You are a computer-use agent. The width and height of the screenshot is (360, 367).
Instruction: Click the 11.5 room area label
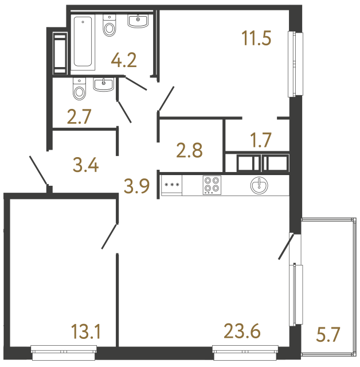click(256, 40)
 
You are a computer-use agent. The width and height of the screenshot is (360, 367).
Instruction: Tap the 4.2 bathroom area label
click(124, 60)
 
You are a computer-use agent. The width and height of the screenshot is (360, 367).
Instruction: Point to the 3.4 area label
click(87, 167)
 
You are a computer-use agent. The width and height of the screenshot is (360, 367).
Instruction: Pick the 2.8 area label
click(190, 152)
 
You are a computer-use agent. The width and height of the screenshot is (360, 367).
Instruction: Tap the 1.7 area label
click(261, 139)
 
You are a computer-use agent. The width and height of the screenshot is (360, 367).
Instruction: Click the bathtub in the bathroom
click(84, 43)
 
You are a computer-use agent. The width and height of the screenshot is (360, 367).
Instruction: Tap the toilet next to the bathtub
click(109, 26)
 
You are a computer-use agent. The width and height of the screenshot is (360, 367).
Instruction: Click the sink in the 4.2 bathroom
click(138, 22)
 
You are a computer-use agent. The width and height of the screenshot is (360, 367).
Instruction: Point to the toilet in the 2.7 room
click(79, 88)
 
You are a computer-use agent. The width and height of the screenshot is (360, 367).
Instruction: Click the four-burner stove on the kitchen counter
click(212, 185)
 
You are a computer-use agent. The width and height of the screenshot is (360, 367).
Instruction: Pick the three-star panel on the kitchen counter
click(171, 185)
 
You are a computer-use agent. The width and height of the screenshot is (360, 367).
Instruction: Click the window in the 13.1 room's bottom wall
click(62, 348)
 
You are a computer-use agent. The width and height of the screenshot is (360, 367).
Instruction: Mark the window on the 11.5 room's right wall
click(296, 64)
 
